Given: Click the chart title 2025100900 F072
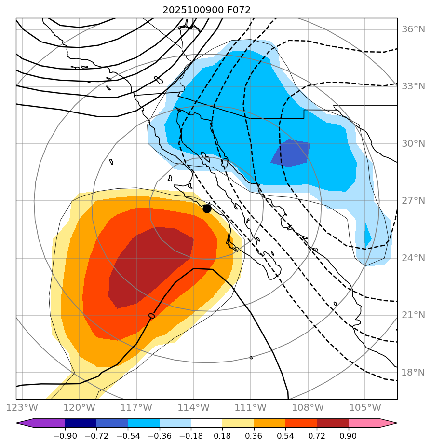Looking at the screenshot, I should click(206, 10).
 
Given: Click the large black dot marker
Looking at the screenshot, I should click(207, 209).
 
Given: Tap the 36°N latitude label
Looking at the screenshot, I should click(414, 29).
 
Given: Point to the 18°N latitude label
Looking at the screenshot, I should click(414, 373).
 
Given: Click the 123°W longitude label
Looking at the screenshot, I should click(22, 407).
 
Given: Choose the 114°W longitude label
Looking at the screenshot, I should click(193, 407).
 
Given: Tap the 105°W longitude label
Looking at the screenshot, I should click(364, 407).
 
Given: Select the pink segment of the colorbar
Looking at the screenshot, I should click(364, 423).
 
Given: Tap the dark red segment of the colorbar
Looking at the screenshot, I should click(333, 423).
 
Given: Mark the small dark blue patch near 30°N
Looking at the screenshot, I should click(291, 153).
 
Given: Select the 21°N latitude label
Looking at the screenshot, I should click(414, 315).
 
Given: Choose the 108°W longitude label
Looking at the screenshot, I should click(308, 407).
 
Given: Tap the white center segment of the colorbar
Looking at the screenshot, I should click(206, 423).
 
